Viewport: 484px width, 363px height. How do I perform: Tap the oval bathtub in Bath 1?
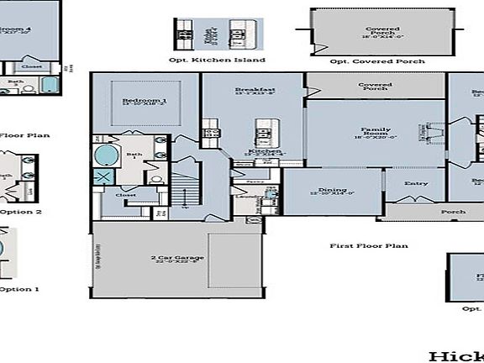[107, 155]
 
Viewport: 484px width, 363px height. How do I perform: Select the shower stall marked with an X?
[104, 178]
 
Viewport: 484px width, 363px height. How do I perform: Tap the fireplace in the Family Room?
[436, 132]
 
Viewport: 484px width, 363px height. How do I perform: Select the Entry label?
[416, 183]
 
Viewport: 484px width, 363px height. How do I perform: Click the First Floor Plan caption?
[368, 245]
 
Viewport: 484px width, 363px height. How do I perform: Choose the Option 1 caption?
[19, 289]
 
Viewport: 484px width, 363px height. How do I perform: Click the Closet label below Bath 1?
[126, 195]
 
